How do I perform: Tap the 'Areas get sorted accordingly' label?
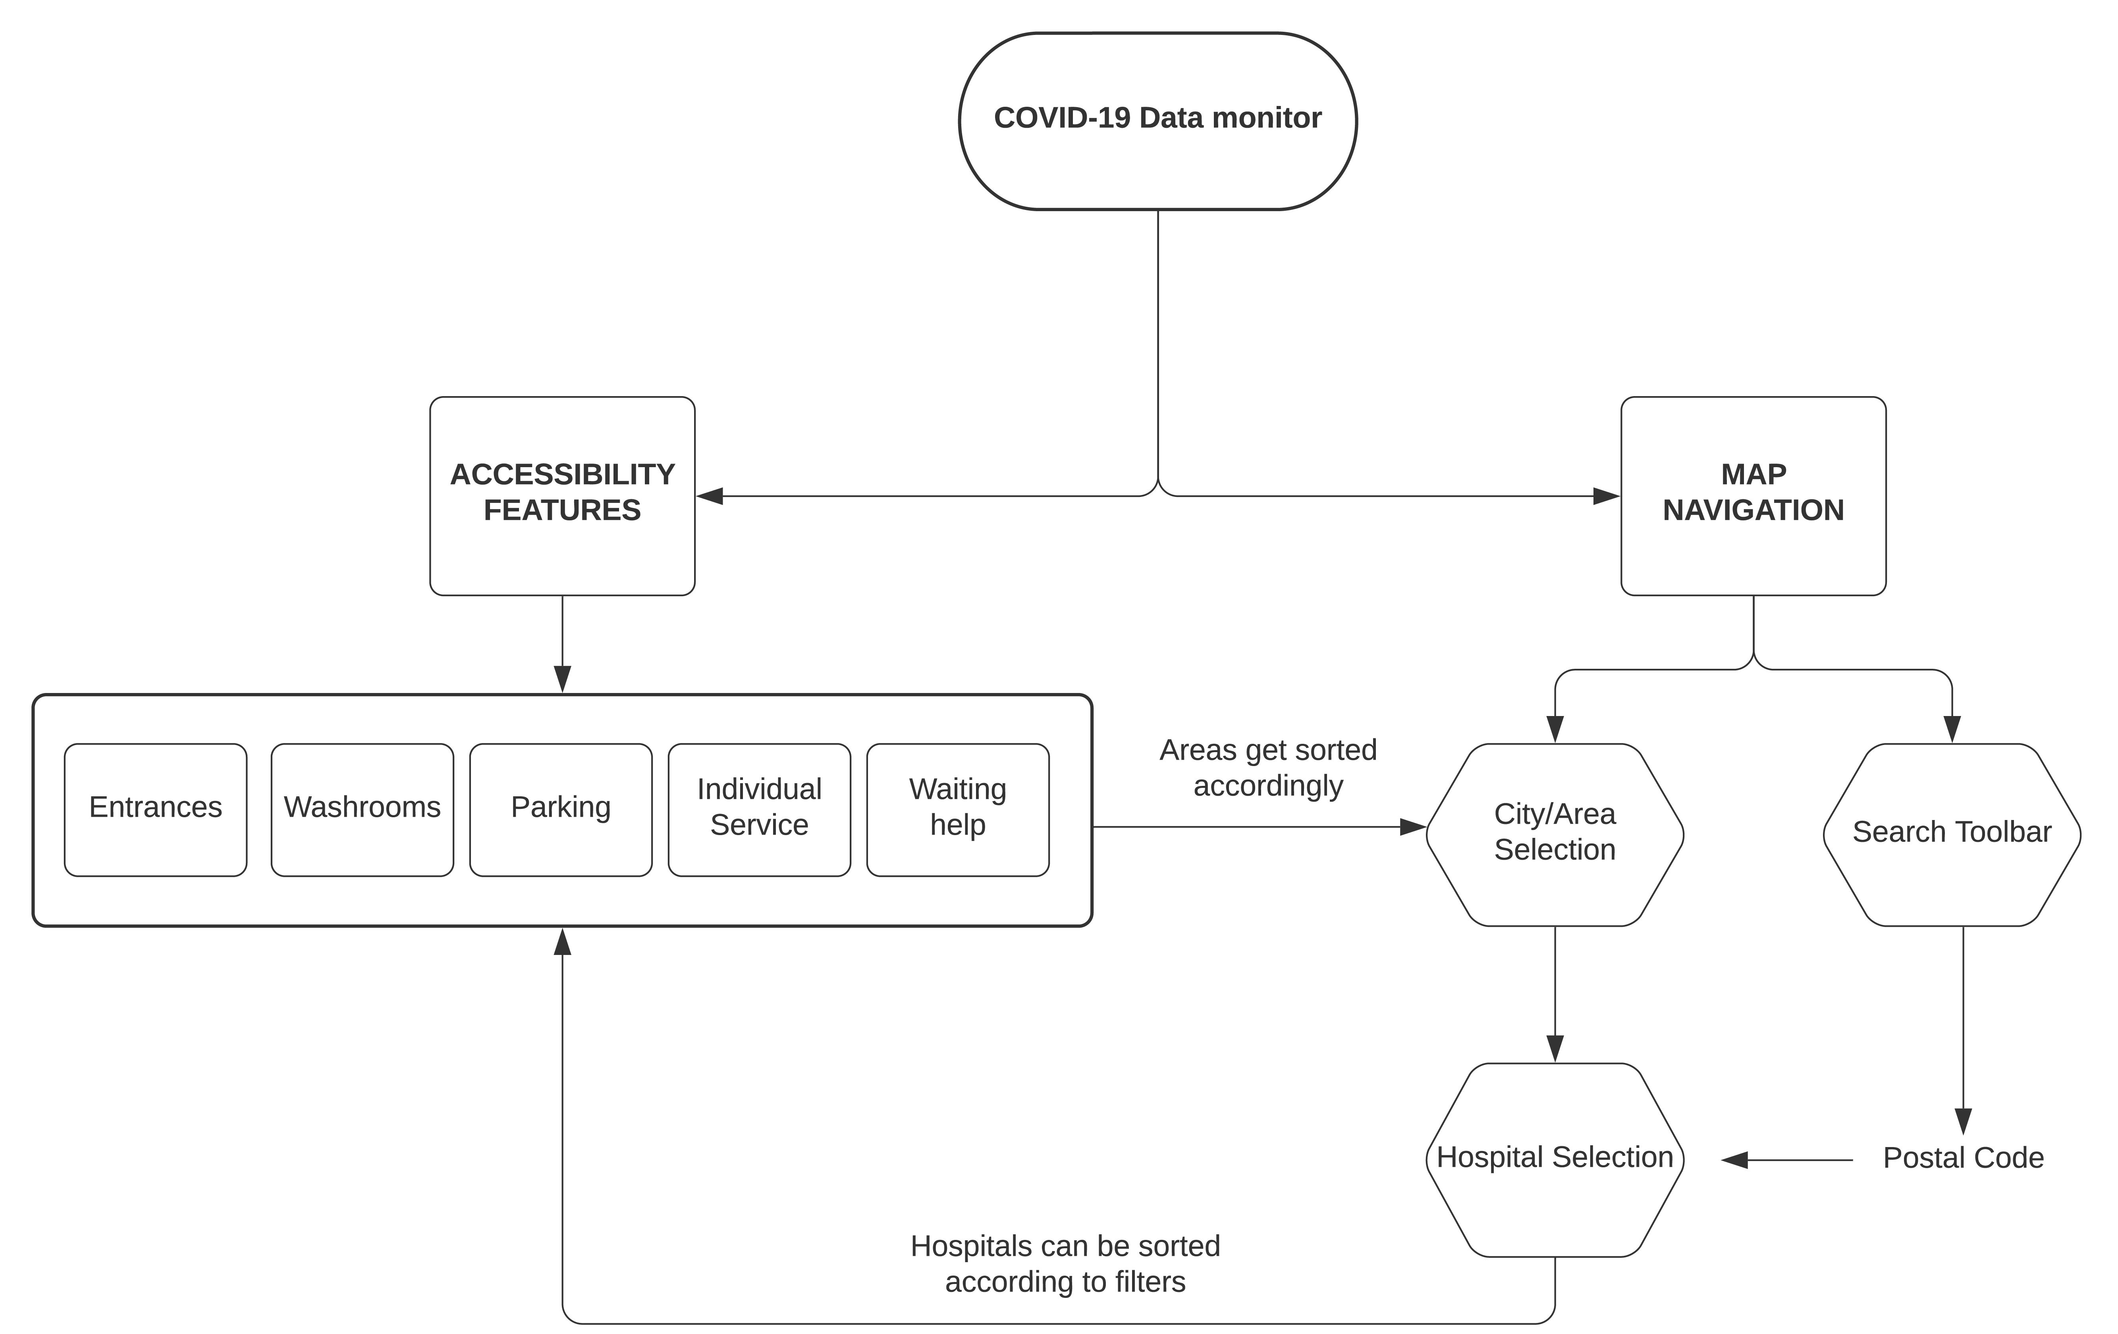1267,768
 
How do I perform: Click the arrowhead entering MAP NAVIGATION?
1606,496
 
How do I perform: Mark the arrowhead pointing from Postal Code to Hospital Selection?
1734,1160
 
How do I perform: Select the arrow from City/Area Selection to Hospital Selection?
1554,994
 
